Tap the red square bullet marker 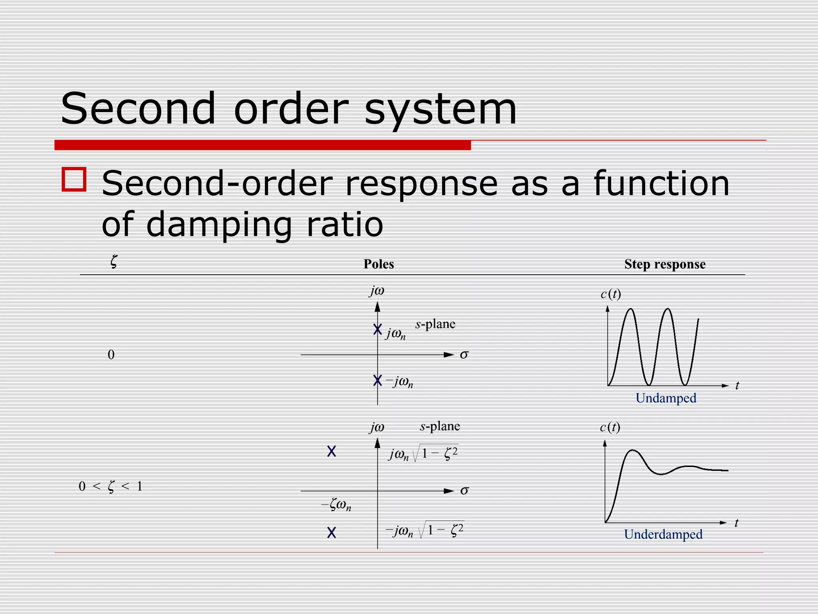74,179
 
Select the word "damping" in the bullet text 219,225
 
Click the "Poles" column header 379,264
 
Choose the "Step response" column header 665,264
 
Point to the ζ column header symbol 114,262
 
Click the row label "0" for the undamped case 111,355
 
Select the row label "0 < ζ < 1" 111,486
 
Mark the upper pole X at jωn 377,329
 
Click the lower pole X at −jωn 377,381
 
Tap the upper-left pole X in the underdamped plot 332,451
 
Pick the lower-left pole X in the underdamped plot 332,532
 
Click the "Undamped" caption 666,398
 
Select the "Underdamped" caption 663,534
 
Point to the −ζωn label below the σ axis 336,506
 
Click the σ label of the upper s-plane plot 464,355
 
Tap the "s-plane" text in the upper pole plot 435,324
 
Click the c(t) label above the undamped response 611,294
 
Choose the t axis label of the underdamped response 737,523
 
